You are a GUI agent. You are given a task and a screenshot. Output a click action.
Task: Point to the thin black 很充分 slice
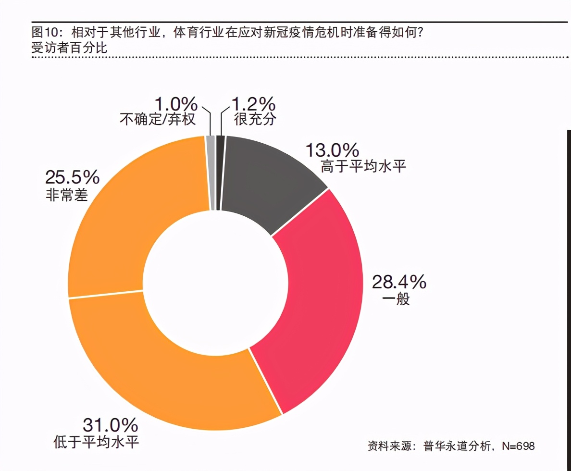coord(221,173)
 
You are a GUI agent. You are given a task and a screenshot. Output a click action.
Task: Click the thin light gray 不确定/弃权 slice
coord(211,173)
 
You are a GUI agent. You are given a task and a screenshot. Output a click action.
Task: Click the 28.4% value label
coord(399,282)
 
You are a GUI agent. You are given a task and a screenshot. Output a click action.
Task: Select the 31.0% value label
coord(111,425)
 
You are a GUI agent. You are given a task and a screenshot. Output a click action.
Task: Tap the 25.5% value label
coord(72,177)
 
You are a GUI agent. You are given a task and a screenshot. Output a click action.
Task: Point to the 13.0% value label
coord(333,150)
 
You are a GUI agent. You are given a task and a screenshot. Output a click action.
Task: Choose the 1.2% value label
coord(253,103)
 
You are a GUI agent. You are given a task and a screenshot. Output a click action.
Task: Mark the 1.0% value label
coord(176,103)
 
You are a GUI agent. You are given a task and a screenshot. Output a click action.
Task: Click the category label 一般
coord(396,299)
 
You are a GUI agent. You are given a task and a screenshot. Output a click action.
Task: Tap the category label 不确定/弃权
coord(158,119)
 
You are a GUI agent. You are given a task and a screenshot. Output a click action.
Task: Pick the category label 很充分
coord(255,119)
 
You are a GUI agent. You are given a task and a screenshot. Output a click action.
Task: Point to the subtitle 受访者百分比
coord(69,48)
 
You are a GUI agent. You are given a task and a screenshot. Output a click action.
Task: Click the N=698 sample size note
coord(518,446)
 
